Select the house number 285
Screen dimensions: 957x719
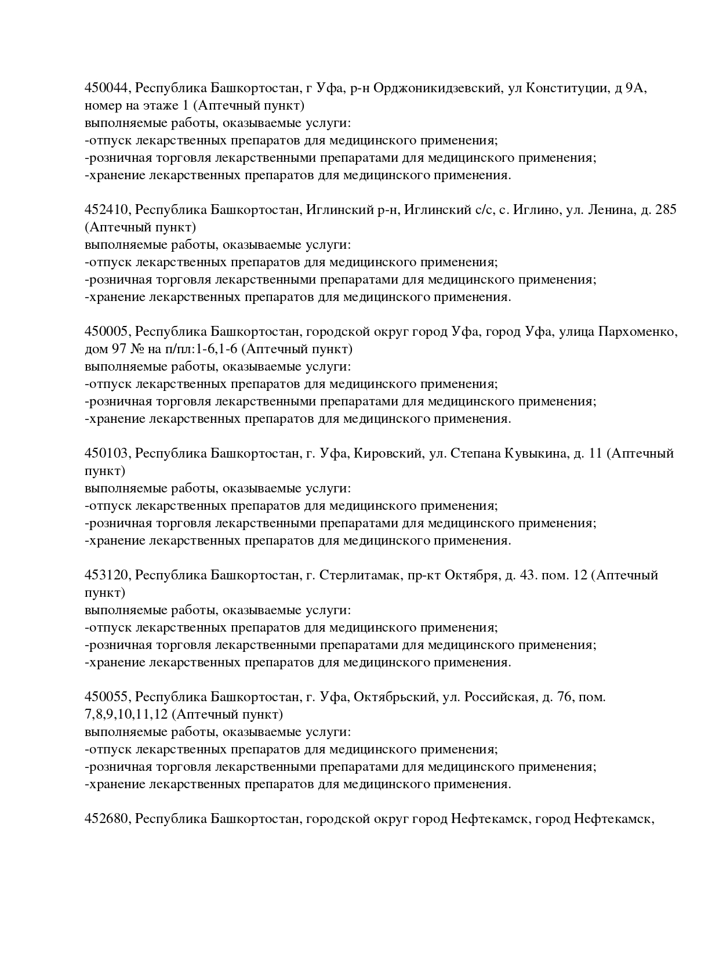point(666,210)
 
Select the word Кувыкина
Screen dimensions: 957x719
point(538,454)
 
